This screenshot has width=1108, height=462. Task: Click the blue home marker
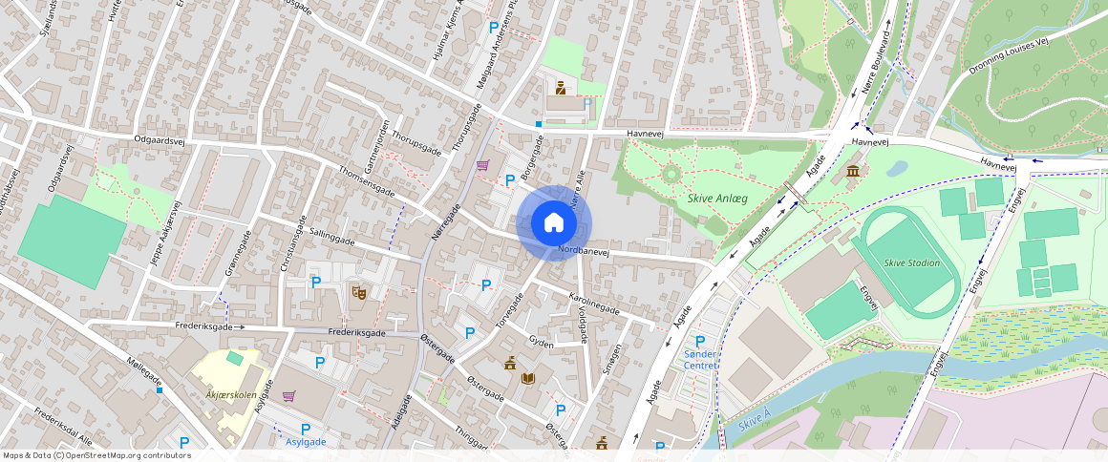(x=553, y=222)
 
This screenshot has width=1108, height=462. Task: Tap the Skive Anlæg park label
(x=716, y=199)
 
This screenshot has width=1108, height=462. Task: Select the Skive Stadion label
(x=911, y=263)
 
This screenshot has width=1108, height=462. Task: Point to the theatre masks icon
(x=359, y=291)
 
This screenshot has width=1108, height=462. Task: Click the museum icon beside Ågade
(x=852, y=171)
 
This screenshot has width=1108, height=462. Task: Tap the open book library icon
(x=528, y=378)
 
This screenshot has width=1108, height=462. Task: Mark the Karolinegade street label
(x=593, y=304)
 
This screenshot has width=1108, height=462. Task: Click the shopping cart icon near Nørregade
(x=482, y=164)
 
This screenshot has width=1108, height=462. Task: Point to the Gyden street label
(x=541, y=341)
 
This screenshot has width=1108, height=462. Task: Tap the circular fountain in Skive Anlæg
(x=671, y=174)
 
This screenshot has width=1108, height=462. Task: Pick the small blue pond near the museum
(x=897, y=169)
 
